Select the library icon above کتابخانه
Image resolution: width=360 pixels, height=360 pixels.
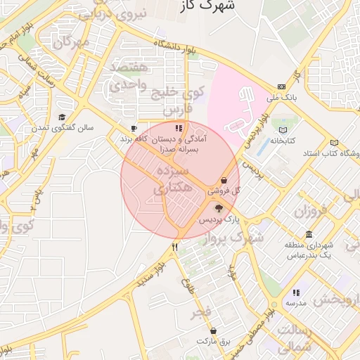tap(283, 131)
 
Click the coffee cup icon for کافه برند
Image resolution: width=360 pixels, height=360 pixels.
tap(134, 129)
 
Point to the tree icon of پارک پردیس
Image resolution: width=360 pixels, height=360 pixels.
tap(219, 208)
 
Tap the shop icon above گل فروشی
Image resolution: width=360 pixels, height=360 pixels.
tap(224, 180)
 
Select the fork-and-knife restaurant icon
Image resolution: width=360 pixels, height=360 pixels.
tap(174, 247)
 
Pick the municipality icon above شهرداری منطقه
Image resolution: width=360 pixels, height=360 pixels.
tap(309, 234)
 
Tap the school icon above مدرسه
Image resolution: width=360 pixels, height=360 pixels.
tap(296, 292)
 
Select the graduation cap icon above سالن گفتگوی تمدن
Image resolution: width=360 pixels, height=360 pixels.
tap(62, 117)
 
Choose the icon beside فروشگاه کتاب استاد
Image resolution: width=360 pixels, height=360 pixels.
tap(334, 142)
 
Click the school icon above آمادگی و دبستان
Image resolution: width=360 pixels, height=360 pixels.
tap(179, 129)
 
